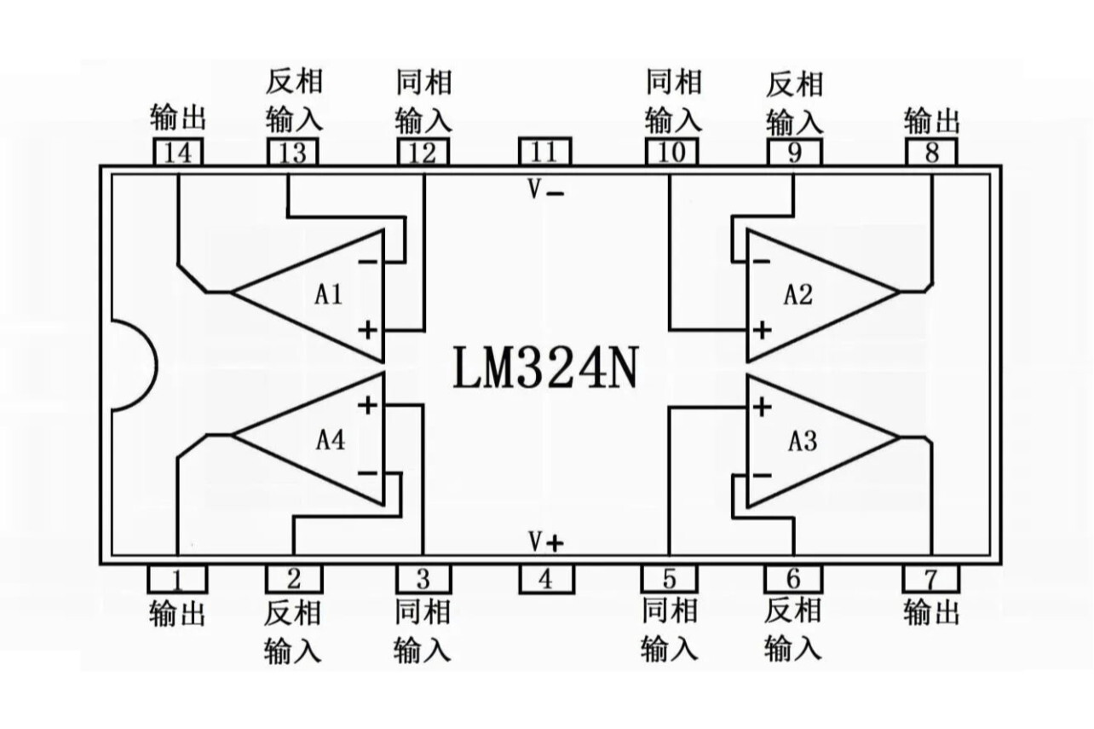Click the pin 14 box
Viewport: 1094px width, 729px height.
point(179,153)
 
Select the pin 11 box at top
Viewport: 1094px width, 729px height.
point(544,152)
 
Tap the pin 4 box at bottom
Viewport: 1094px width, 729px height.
point(546,580)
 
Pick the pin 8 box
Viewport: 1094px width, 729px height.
point(931,153)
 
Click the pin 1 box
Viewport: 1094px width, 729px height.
point(177,580)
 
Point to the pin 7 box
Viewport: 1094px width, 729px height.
point(930,580)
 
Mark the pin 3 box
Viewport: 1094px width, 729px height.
point(423,580)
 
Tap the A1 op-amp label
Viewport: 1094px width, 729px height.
point(328,295)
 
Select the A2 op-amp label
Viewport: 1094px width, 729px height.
point(798,295)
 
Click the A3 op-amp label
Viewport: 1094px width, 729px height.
point(802,442)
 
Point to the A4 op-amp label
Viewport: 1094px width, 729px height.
point(331,441)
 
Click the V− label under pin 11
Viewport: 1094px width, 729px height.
point(545,190)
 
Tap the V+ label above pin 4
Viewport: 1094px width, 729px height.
point(546,541)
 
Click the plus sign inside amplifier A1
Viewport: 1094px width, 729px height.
point(367,329)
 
